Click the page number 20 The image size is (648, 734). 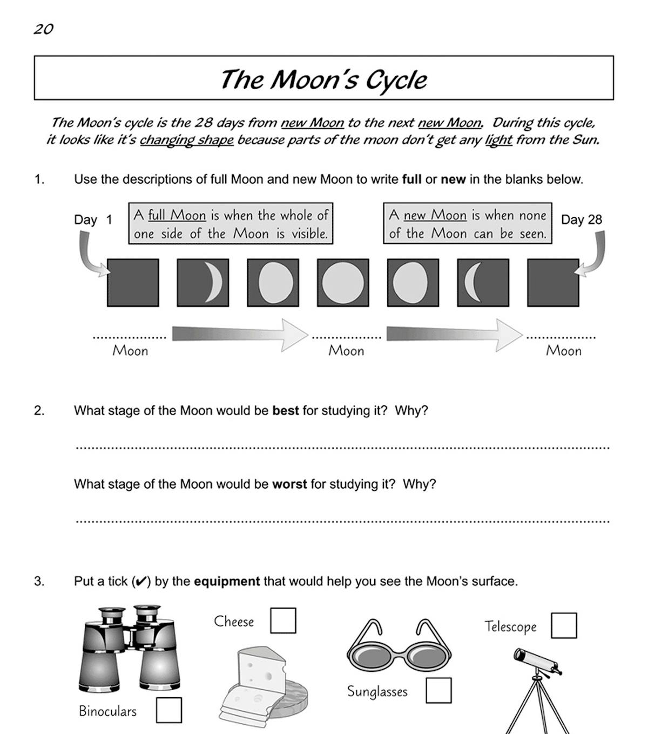click(x=43, y=29)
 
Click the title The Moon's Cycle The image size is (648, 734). click(x=323, y=79)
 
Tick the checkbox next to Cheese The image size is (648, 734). click(x=283, y=620)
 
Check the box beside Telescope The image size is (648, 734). click(x=564, y=625)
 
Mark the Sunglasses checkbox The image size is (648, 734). click(x=438, y=690)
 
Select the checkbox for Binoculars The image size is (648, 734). click(x=169, y=710)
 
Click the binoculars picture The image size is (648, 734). click(x=130, y=649)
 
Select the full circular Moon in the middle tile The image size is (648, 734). click(x=343, y=283)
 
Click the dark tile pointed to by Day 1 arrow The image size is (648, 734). click(x=133, y=283)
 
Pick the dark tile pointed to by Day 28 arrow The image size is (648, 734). click(x=553, y=283)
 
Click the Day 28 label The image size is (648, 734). click(x=581, y=219)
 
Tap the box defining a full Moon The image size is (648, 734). click(x=231, y=224)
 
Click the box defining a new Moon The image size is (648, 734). click(x=468, y=224)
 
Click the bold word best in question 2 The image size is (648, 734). click(x=285, y=411)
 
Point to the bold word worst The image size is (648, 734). click(x=289, y=484)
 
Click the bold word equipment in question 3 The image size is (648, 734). click(x=227, y=582)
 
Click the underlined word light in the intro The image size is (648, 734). click(x=498, y=141)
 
